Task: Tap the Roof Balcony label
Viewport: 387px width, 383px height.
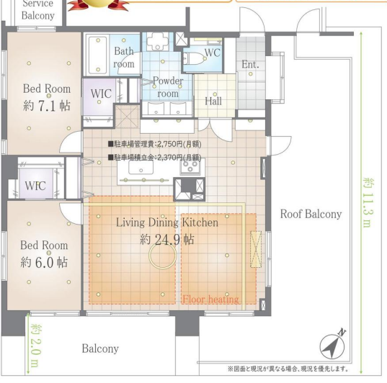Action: tap(311, 214)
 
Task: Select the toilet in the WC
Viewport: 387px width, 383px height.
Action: tap(195, 58)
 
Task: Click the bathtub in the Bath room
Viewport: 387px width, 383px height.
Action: tap(98, 55)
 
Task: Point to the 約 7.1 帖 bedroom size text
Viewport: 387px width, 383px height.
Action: tap(47, 105)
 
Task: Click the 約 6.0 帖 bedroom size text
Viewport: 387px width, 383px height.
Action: tap(44, 262)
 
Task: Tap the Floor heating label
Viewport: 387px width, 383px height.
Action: tap(210, 299)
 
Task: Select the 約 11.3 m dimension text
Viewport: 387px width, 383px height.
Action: tap(368, 202)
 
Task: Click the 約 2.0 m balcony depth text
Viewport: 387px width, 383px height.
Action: tap(36, 346)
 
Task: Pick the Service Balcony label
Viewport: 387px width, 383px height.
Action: tap(38, 10)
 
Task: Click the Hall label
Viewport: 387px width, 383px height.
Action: tap(213, 101)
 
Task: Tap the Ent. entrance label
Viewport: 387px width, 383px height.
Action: tap(250, 64)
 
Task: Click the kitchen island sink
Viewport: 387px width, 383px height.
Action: tap(141, 168)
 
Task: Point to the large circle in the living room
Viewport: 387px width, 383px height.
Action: tap(163, 256)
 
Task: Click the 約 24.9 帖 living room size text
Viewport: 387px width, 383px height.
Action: tap(167, 239)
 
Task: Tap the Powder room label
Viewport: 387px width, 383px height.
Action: tap(168, 87)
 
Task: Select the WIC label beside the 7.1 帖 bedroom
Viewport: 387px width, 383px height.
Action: tap(101, 94)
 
